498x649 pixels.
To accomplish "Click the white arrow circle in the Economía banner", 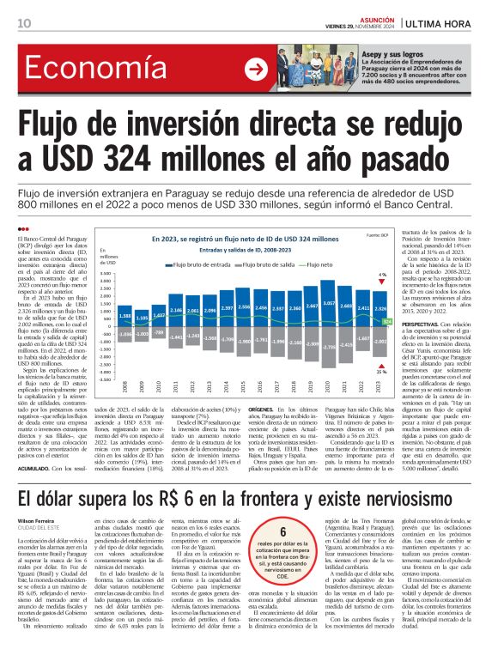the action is click(256, 70).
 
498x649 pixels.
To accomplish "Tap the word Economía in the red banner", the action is click(87, 70).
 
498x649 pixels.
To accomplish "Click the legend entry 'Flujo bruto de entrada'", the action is click(193, 266).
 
